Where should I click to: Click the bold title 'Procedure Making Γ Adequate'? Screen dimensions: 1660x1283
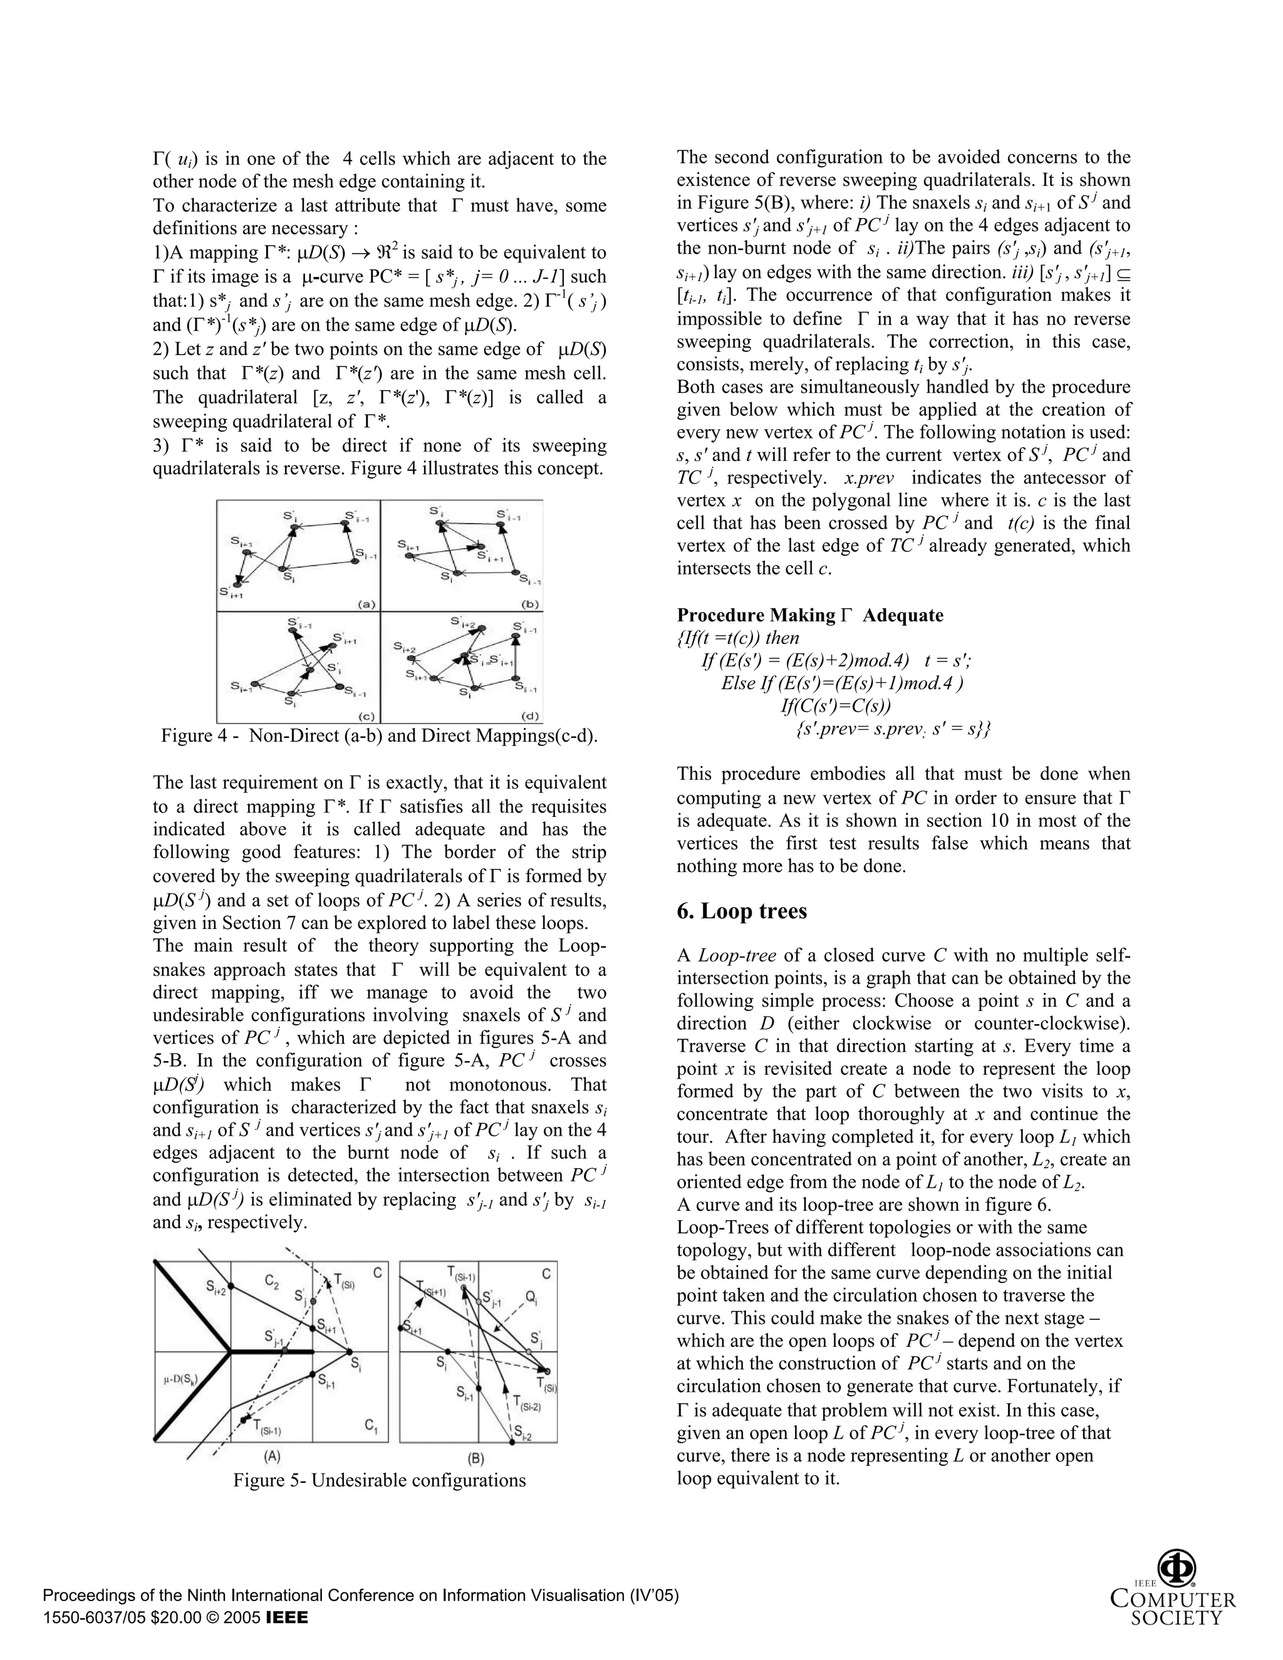point(809,615)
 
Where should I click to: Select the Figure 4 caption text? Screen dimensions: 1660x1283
point(379,736)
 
